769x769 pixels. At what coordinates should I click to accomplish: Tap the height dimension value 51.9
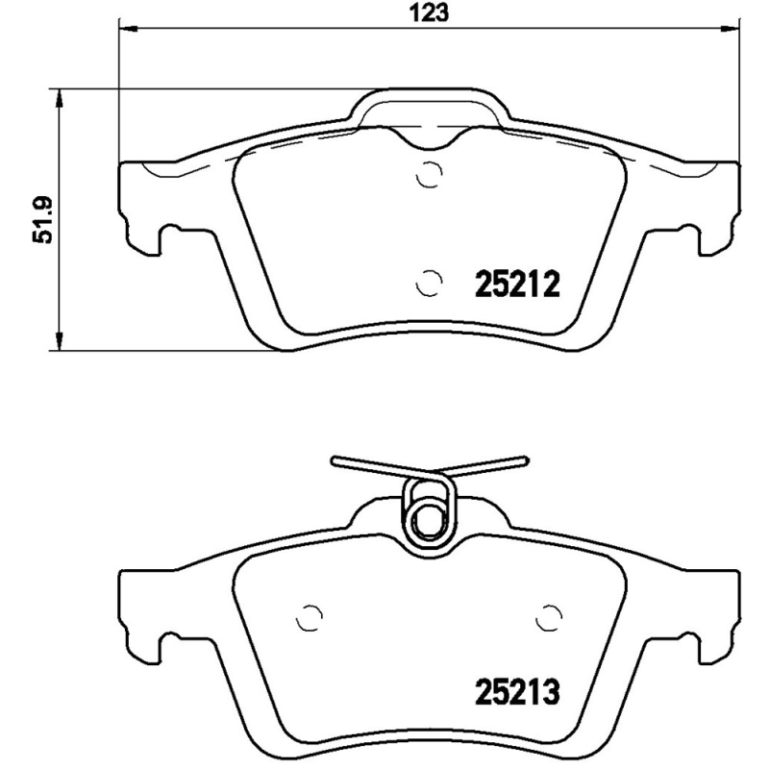coord(41,221)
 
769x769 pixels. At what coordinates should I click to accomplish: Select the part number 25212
coord(517,284)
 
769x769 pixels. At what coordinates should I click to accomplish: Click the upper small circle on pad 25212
coord(429,176)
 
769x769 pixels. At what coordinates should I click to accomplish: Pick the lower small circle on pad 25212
coord(429,282)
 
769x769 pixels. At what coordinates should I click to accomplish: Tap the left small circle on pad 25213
coord(310,617)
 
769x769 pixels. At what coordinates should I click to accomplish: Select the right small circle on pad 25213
coord(549,617)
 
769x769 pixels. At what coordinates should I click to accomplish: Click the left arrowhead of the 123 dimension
coord(124,29)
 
